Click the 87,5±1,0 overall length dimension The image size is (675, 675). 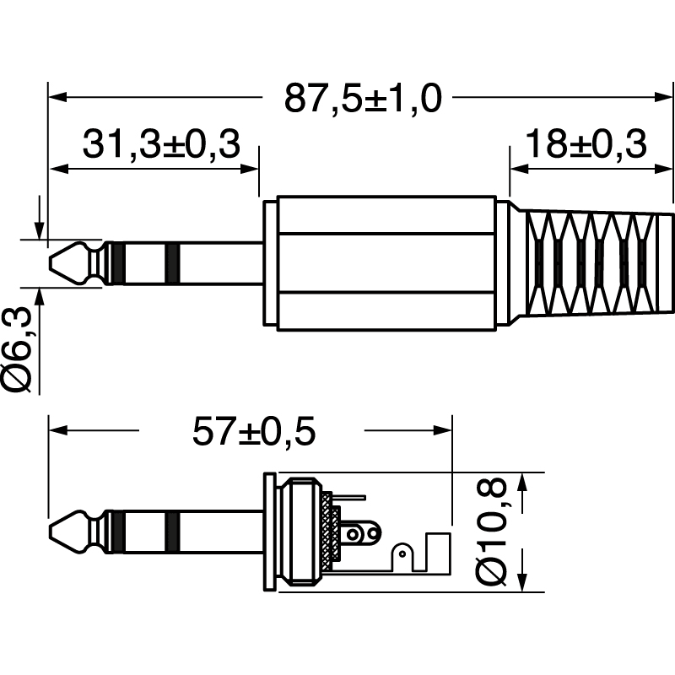pos(363,98)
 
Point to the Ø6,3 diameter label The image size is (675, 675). pos(20,350)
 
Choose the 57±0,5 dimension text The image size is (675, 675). pos(253,433)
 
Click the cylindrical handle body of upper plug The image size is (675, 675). pos(386,262)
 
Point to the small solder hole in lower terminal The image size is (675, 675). pos(403,553)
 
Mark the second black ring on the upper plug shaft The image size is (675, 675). pos(172,262)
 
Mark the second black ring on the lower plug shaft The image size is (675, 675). pos(172,532)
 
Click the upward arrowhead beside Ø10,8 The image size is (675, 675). pos(522,482)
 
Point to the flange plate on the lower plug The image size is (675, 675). pos(269,532)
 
